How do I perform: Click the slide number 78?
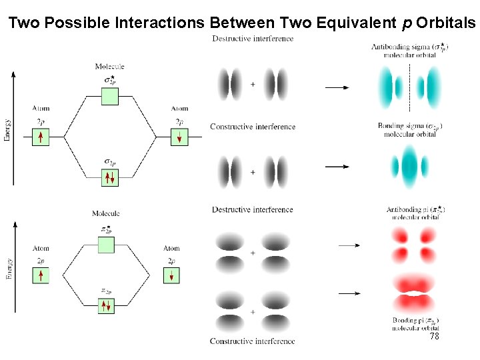click(434, 337)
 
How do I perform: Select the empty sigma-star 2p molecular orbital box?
click(110, 97)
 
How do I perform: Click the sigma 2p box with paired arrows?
click(110, 177)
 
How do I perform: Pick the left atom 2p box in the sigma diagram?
click(41, 137)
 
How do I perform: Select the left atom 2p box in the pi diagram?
click(41, 275)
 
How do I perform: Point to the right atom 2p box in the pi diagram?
click(171, 275)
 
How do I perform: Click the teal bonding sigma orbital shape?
click(409, 165)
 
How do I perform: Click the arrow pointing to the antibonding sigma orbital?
click(337, 87)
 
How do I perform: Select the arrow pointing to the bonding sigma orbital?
click(337, 166)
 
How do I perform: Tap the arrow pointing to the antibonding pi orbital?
click(349, 245)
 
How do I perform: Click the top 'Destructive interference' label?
click(253, 39)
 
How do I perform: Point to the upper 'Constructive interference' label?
click(253, 127)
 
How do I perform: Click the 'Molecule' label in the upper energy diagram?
click(110, 67)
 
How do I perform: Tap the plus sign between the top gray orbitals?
click(253, 85)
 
